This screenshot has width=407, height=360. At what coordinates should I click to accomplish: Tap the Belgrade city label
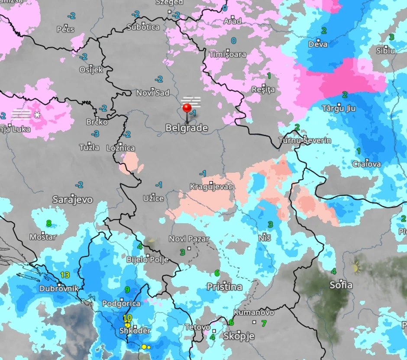187,128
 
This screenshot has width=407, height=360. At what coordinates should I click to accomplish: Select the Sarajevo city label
72,199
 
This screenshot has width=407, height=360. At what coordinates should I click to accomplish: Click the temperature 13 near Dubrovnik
65,275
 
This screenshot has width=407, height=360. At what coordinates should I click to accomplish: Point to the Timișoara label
227,55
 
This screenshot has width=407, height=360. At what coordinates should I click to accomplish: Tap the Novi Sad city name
153,93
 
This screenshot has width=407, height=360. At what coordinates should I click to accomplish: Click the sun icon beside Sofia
356,268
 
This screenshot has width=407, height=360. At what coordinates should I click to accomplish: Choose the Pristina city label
224,287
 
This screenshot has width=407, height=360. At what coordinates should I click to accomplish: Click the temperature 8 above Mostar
49,224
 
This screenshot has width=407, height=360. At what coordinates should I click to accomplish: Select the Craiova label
366,164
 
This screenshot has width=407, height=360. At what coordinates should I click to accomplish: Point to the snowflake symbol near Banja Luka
38,115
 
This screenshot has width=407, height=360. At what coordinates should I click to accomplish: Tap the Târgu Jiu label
339,108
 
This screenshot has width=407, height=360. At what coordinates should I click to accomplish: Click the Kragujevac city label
211,186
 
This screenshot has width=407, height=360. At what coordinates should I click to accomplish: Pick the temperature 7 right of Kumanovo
264,323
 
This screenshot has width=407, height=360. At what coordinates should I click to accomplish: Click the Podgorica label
121,303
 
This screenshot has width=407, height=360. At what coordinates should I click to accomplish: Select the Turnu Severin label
304,140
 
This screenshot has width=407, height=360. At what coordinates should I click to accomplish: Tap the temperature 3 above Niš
270,224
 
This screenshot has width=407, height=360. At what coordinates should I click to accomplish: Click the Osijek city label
91,70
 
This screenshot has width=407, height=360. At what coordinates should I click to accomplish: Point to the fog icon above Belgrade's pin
191,101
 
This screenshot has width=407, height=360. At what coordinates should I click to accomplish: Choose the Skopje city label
239,336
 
